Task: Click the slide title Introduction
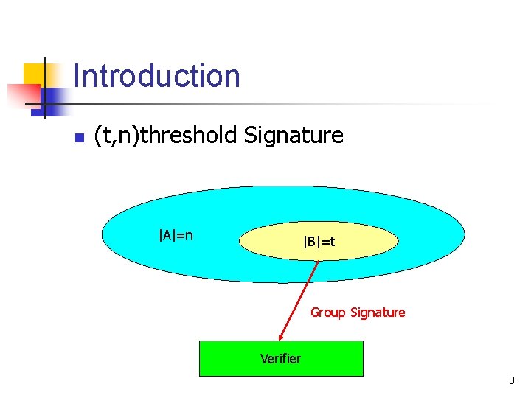156,76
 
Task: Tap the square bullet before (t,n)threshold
80,138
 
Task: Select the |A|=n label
176,235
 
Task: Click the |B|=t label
319,241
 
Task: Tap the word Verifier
280,359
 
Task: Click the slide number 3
511,381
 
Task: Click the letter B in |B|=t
310,241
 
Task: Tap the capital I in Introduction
77,76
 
